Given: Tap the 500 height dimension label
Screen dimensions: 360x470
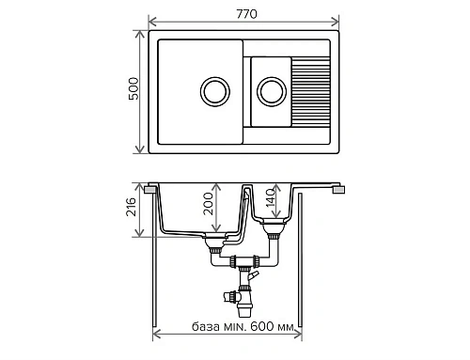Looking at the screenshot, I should pos(132,91).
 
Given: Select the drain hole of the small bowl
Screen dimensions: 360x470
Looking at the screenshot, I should pos(273,91).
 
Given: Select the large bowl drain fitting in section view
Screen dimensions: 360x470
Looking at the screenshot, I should pos(215,243).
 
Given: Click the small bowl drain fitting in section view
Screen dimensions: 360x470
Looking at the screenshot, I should pos(274,229).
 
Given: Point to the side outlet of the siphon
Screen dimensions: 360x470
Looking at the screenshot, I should pos(229,295).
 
